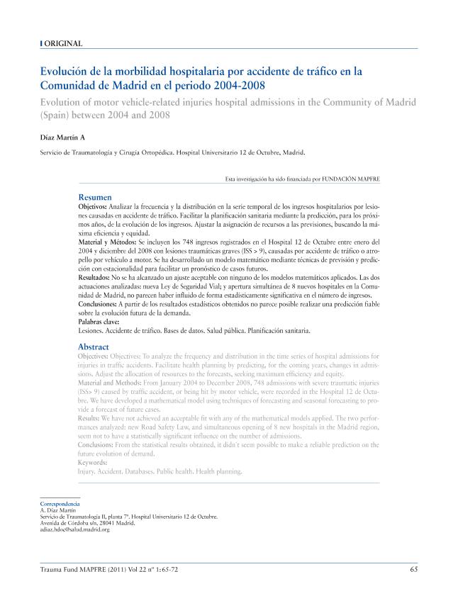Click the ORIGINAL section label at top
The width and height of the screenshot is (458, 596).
point(63,44)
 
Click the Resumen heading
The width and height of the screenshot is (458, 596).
point(94,196)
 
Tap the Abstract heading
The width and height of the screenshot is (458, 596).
point(94,347)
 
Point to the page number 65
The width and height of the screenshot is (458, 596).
point(413,569)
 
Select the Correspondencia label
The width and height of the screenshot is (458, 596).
point(60,504)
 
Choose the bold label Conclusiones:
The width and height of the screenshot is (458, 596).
point(100,303)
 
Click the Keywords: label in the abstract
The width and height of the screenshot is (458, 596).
point(92,462)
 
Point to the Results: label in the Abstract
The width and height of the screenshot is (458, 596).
point(90,420)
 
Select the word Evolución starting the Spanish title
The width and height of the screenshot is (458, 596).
point(68,72)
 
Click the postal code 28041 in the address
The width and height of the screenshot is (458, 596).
point(104,523)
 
